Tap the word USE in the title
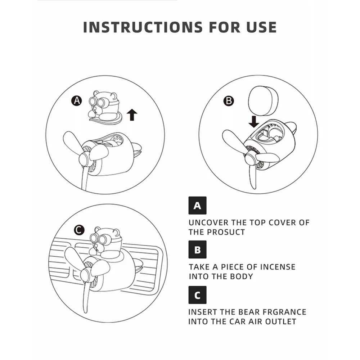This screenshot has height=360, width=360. [x=261, y=27]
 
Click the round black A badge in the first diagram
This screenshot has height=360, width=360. [x=77, y=100]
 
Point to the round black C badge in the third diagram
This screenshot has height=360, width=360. [x=79, y=230]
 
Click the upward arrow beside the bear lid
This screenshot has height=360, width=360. [x=132, y=115]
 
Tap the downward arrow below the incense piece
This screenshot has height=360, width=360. [x=254, y=122]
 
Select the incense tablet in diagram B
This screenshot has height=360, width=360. [x=263, y=101]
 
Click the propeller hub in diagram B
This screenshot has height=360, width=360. [x=250, y=158]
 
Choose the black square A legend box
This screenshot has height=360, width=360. [x=197, y=206]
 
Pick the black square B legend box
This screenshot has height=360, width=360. [x=197, y=249]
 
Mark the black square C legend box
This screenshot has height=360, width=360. [x=197, y=295]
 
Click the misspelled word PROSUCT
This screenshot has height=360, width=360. [x=226, y=232]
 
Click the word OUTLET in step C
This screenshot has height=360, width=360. [x=281, y=321]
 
